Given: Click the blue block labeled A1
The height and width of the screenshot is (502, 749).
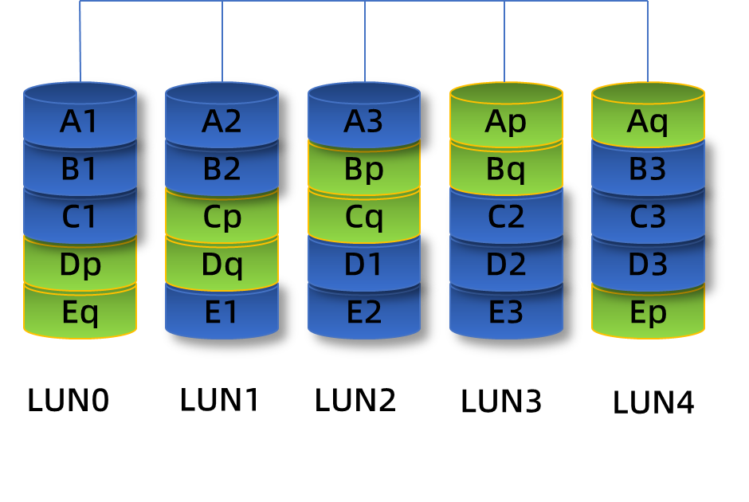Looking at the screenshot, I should click(80, 122).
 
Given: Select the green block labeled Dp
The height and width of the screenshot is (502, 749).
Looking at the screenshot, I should click(80, 265).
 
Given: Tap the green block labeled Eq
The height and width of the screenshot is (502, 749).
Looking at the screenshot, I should click(80, 312).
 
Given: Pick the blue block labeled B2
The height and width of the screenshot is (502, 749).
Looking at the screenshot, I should click(222, 170).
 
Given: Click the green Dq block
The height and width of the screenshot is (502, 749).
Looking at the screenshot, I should click(222, 265).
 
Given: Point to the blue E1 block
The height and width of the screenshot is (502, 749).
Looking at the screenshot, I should click(222, 312).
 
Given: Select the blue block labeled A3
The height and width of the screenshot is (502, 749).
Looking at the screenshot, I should click(363, 122).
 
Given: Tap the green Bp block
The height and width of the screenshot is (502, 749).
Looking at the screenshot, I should click(363, 170).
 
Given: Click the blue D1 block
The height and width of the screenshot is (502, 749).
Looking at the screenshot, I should click(363, 265).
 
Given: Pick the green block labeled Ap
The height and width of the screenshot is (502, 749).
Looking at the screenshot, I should click(506, 122).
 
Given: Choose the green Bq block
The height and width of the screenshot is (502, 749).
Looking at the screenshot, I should click(506, 170).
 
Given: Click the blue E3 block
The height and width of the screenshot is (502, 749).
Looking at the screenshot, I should click(506, 312).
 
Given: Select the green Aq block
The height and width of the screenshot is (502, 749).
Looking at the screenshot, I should click(648, 122).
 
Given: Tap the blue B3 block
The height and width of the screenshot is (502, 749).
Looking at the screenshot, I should click(648, 170).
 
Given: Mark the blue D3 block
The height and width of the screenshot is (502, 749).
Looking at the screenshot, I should click(648, 265).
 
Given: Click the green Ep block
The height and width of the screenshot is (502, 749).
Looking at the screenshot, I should click(648, 312).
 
